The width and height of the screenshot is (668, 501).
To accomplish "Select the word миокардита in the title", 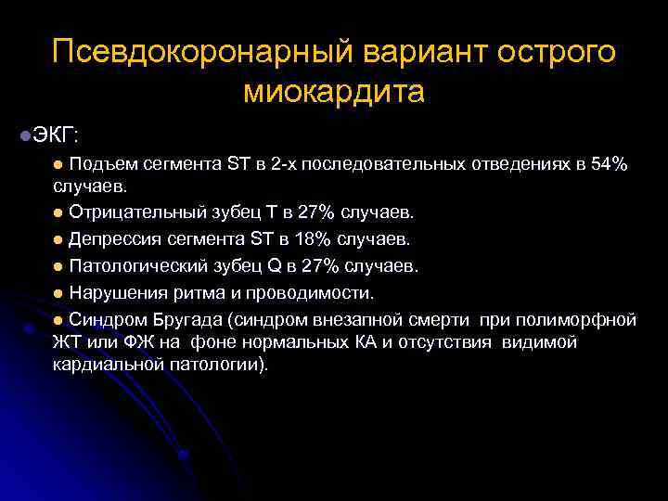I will click(x=334, y=92).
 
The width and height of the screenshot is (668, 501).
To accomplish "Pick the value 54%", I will click(x=610, y=165).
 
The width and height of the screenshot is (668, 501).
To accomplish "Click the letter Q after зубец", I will click(x=275, y=266).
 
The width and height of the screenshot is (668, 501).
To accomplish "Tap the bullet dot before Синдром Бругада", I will click(x=58, y=320).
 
